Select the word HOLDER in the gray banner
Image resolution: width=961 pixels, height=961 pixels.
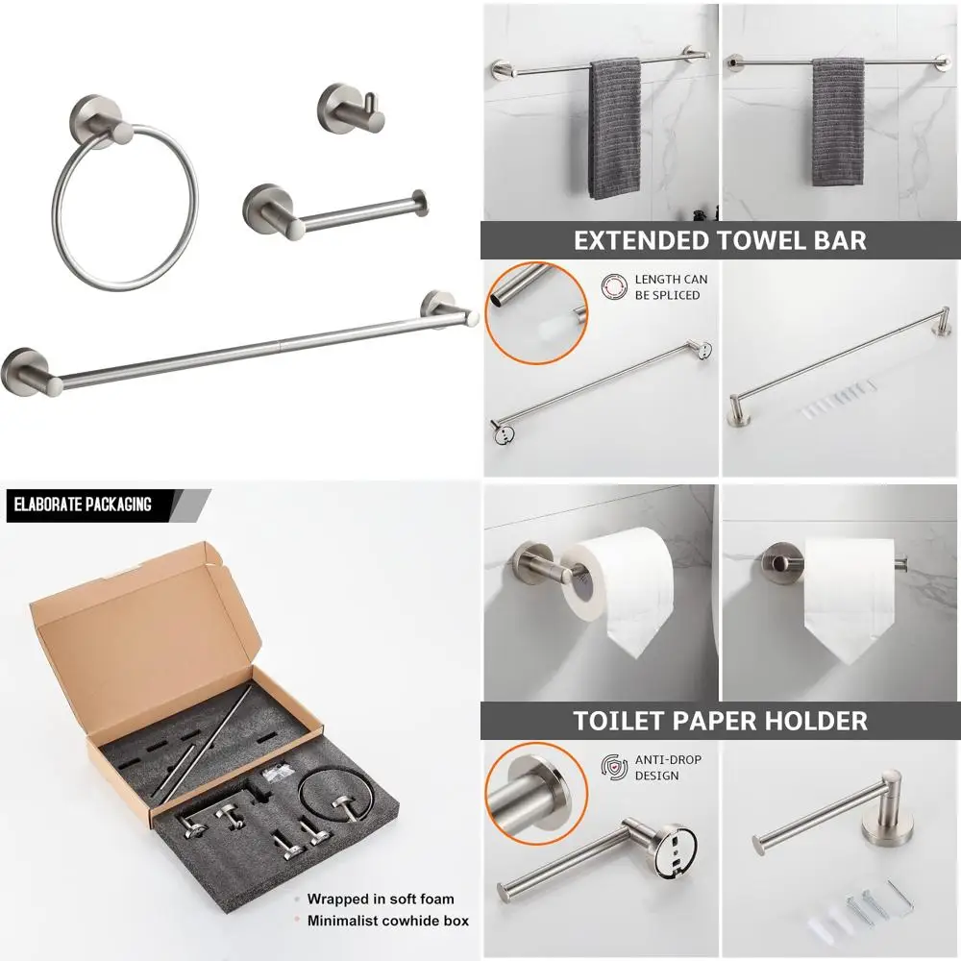[806, 720]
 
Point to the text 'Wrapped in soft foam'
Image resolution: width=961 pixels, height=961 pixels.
[381, 899]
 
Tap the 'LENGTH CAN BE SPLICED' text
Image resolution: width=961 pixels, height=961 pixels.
[671, 287]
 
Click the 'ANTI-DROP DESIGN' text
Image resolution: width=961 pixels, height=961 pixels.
[667, 767]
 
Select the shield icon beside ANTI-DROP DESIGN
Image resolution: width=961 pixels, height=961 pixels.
[613, 767]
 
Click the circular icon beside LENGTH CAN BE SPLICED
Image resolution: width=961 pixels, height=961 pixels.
[613, 286]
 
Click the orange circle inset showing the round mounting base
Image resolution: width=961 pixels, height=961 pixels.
[532, 791]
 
